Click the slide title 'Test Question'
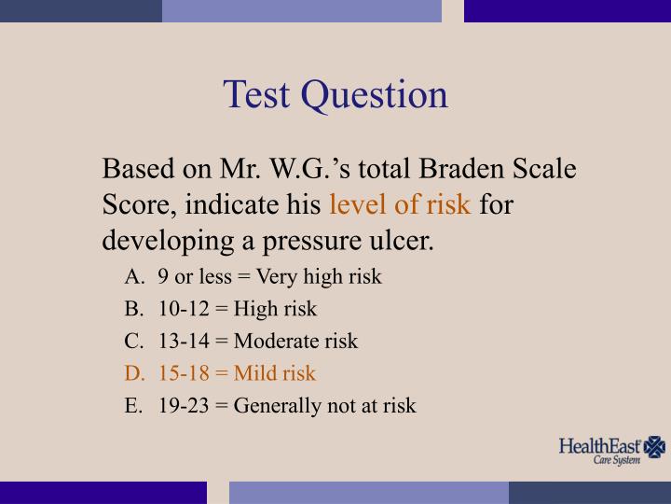pyautogui.click(x=335, y=95)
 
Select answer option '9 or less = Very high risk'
pyautogui.click(x=270, y=277)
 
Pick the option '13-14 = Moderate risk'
pyautogui.click(x=257, y=342)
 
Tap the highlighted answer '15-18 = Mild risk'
pyautogui.click(x=237, y=373)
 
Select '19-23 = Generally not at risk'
pyautogui.click(x=287, y=405)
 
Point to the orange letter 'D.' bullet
pyautogui.click(x=134, y=373)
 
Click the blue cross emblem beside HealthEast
pyautogui.click(x=656, y=446)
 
